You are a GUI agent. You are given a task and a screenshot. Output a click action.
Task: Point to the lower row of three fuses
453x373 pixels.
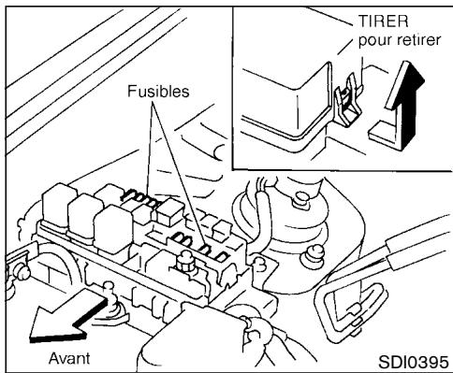coord(206,249)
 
